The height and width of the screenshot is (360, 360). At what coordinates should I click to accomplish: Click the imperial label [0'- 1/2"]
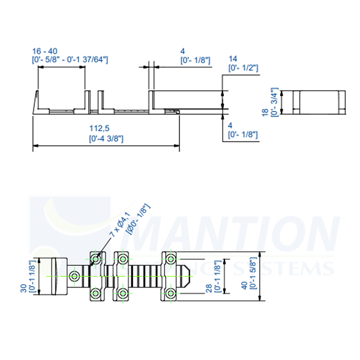pos(243,68)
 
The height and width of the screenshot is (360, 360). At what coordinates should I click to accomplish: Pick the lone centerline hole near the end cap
pos(74,277)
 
